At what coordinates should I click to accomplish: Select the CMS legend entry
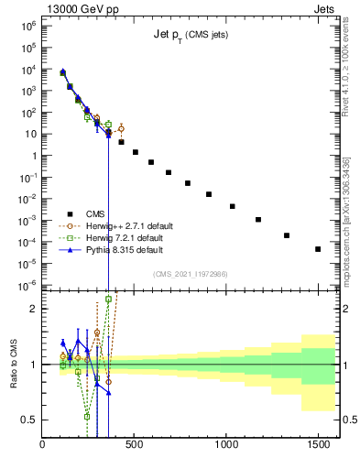110,213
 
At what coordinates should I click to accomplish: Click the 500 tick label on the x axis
135,445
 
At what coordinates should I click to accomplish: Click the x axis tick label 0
42,445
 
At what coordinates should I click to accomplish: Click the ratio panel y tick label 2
33,309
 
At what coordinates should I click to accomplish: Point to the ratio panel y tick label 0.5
28,420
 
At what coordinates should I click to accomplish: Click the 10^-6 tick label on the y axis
27,285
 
